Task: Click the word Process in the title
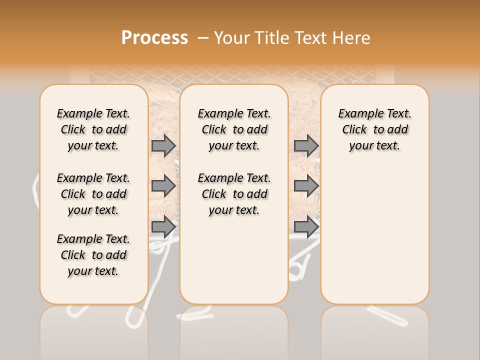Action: tap(154, 37)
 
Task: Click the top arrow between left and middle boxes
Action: tap(163, 145)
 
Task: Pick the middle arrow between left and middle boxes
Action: tap(163, 186)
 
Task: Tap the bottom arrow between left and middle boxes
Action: tap(163, 227)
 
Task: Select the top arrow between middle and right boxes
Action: tap(306, 145)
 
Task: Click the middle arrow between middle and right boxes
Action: tap(306, 186)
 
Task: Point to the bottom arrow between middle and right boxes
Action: tap(306, 227)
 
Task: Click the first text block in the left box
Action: tap(93, 129)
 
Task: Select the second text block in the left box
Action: tap(93, 194)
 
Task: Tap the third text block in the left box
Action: tap(93, 255)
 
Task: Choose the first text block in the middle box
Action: tap(234, 129)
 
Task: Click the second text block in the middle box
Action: tap(234, 194)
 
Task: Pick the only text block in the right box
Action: tap(374, 129)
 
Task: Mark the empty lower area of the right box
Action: tap(374, 230)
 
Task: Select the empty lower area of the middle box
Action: tap(234, 260)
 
